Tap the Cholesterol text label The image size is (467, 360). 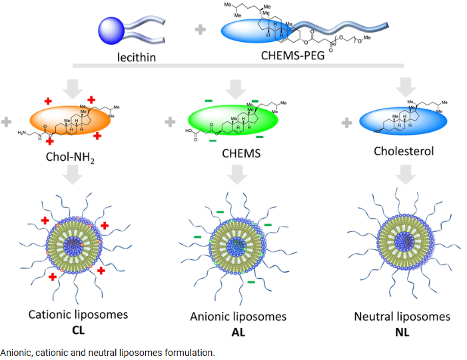pos(404,151)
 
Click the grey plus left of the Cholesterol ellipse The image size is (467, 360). pos(346,123)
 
